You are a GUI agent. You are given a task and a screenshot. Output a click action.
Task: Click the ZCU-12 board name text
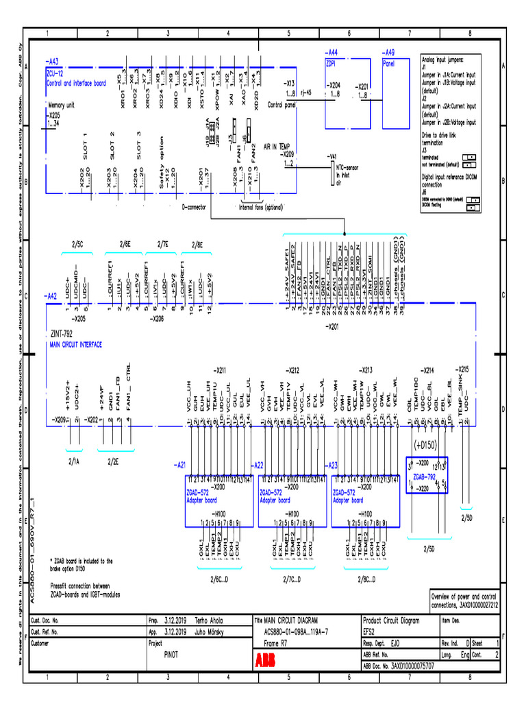(x=55, y=72)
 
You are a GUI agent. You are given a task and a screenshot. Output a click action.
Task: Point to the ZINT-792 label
(x=61, y=335)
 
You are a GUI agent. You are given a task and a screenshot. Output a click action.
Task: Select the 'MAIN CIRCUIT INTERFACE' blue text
(x=76, y=345)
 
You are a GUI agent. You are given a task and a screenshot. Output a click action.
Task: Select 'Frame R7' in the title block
(x=276, y=643)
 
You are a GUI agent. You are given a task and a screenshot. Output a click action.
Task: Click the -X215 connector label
(x=462, y=368)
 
